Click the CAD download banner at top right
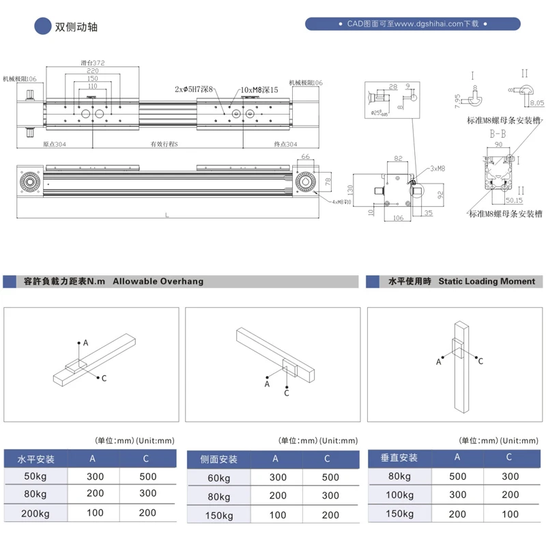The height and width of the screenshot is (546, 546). pos(414,24)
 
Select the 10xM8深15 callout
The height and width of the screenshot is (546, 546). pos(259,89)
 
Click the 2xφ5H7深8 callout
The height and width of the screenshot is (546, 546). pos(195,89)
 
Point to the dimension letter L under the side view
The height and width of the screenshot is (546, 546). pos(167,216)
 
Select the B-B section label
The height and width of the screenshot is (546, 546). pos(498,135)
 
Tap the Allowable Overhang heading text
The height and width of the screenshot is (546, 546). pos(158,281)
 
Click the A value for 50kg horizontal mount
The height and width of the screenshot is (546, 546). pos(95,476)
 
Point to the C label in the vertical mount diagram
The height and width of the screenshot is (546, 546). pos(480,360)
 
